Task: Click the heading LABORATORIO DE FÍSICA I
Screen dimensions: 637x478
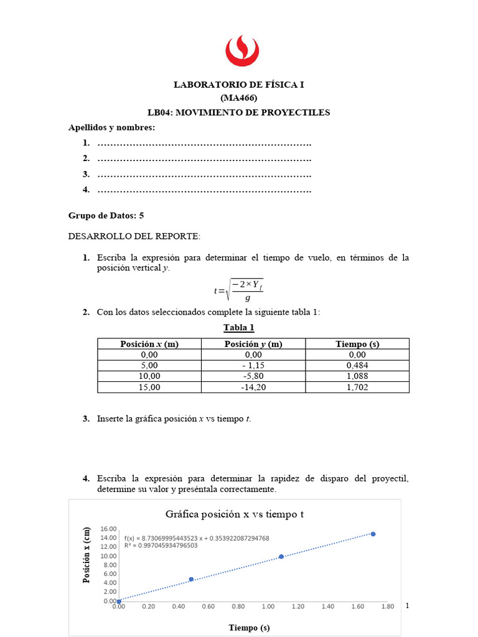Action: coord(238,85)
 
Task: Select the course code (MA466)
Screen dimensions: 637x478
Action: coord(238,98)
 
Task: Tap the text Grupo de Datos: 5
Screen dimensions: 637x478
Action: coord(106,215)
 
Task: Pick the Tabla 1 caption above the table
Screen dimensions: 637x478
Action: coord(238,328)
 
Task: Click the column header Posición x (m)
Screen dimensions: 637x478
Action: coord(149,344)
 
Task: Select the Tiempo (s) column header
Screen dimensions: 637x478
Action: coord(357,344)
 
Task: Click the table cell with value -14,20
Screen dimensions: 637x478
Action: coord(253,387)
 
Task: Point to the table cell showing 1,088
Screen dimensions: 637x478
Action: coord(357,376)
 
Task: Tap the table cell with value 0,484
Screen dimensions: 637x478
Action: coord(357,365)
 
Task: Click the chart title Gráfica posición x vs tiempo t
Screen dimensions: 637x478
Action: coord(235,514)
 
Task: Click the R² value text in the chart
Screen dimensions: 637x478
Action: coord(161,546)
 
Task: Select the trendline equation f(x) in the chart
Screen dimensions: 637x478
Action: coord(197,538)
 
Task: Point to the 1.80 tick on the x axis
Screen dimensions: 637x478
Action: coord(387,607)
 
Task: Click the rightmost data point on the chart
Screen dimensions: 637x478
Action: coord(373,534)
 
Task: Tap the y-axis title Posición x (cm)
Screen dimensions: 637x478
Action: coord(88,555)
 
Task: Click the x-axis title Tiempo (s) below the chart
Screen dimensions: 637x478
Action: coord(249,628)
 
